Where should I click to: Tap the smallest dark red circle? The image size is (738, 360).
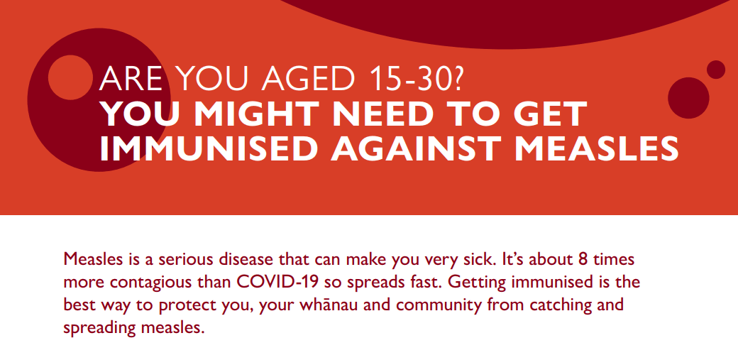(x=716, y=70)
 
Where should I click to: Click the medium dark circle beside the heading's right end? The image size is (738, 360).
(x=688, y=98)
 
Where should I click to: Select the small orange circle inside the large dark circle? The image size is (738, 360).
(x=70, y=77)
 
